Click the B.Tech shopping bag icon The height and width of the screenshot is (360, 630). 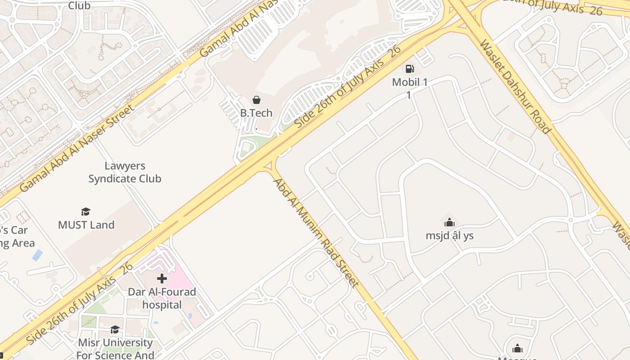(x=256, y=100)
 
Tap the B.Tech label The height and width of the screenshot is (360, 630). (x=256, y=113)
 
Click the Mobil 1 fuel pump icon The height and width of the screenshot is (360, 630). (x=409, y=69)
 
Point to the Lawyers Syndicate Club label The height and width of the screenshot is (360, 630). (x=125, y=172)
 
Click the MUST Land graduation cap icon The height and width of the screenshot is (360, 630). (x=85, y=211)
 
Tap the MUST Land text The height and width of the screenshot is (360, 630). (x=86, y=225)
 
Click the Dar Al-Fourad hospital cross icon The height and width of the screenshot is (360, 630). (x=162, y=279)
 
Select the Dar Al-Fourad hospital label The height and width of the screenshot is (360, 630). (x=162, y=298)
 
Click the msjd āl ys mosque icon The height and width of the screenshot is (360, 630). (x=449, y=222)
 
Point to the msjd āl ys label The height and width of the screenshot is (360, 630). (x=450, y=235)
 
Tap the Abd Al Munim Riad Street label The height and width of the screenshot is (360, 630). (x=316, y=233)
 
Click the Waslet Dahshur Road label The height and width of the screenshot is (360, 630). (x=515, y=86)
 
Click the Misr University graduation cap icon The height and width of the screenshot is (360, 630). (x=115, y=330)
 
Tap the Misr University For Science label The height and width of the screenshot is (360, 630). (x=116, y=349)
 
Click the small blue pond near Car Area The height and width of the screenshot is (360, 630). (x=37, y=255)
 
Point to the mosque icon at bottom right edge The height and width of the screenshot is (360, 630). (x=517, y=348)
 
